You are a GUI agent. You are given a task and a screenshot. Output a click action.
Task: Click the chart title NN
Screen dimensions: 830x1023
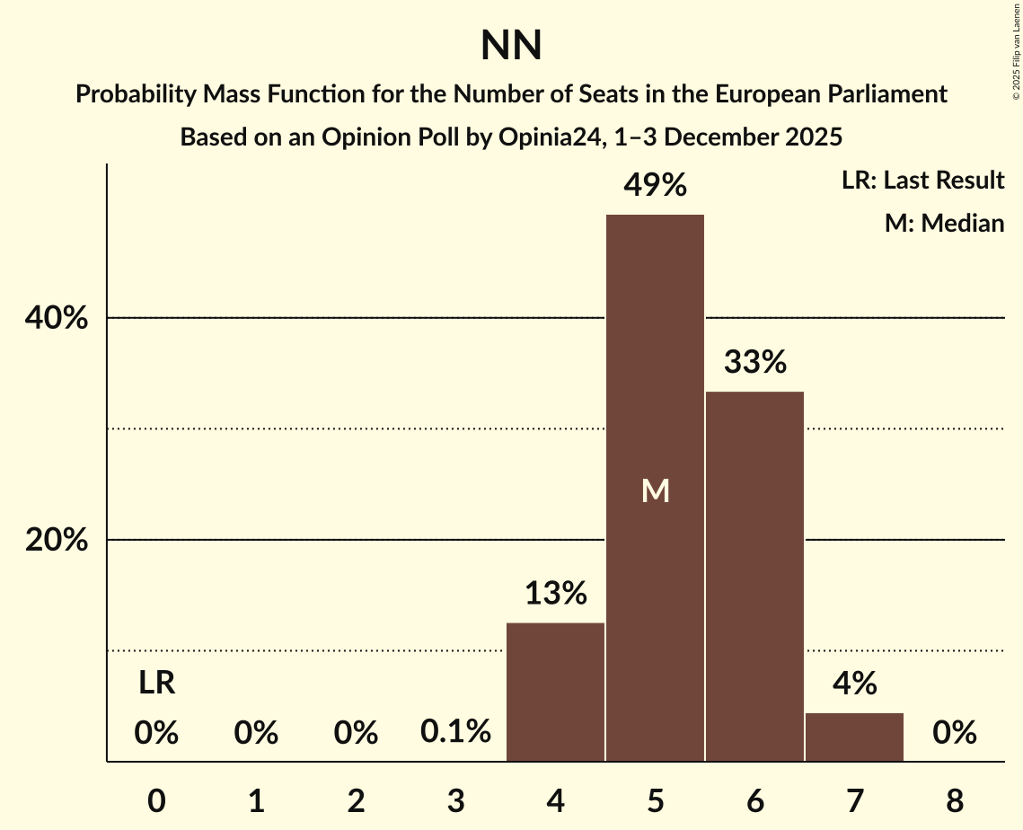(511, 46)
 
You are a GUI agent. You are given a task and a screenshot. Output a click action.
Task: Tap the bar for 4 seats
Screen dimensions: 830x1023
(555, 692)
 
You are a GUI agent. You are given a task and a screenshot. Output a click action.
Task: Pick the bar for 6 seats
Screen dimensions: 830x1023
(754, 576)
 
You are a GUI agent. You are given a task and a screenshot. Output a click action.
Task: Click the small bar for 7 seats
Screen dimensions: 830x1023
(854, 737)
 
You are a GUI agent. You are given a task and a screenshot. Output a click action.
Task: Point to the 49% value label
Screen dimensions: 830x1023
(656, 186)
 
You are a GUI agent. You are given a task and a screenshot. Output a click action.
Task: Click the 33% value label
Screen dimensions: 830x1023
(755, 362)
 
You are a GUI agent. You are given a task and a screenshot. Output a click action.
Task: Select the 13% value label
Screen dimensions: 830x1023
(556, 593)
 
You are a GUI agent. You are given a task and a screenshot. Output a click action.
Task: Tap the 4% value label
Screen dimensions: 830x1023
(854, 684)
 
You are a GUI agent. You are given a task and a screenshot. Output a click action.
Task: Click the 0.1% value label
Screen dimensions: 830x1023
(455, 732)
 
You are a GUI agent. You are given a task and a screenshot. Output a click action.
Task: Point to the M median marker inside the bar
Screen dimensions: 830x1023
(656, 490)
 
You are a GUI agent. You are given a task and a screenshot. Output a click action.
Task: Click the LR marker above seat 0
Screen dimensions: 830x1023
(156, 684)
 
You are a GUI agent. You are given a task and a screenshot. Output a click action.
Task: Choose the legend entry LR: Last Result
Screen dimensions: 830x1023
(922, 181)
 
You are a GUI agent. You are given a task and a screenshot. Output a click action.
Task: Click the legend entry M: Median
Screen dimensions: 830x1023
(944, 223)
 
